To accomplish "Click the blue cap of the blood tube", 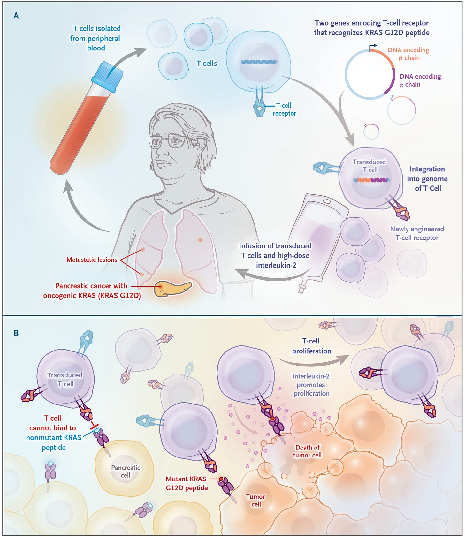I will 107,77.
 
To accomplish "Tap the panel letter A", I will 16,16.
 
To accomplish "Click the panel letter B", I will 16,333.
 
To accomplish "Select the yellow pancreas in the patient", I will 172,288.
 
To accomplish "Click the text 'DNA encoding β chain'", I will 408,54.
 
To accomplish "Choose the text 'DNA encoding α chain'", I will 420,80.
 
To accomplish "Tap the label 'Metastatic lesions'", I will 92,260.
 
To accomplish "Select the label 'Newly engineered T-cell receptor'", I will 417,233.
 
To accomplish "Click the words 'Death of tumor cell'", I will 307,451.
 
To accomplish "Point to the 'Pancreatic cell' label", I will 126,471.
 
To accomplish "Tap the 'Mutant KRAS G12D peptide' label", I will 187,483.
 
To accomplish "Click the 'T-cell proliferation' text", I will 311,346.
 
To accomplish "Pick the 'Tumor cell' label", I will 255,500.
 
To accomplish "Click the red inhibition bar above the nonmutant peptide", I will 95,426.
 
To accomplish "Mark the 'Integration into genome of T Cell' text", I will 427,179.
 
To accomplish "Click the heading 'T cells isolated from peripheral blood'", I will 96,38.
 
